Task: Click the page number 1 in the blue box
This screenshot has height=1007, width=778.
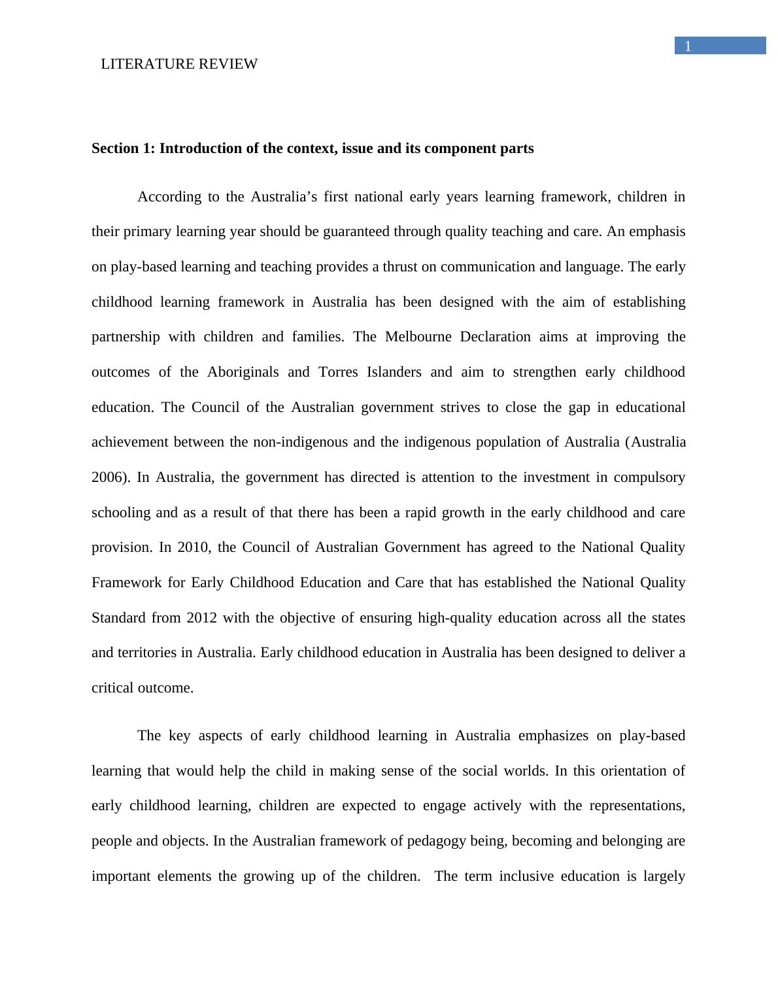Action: point(688,46)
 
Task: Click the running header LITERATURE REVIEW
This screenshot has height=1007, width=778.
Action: point(179,64)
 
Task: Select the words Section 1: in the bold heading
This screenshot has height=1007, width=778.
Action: point(124,148)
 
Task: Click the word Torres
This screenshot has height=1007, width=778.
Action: point(338,372)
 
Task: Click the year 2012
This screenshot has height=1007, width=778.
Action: point(201,618)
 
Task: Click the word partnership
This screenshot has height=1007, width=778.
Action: point(126,337)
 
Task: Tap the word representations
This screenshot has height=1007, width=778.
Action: point(637,806)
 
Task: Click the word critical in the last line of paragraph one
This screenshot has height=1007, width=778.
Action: point(112,688)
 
